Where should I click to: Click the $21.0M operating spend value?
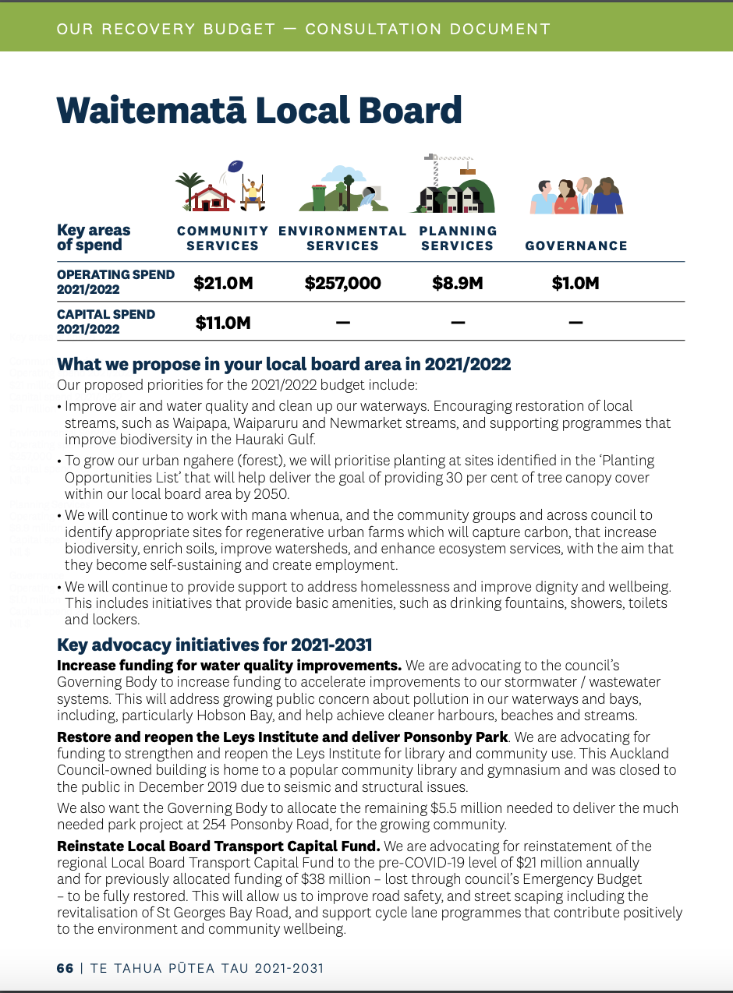[224, 283]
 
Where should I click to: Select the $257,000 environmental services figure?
[342, 283]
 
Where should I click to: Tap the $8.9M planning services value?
[458, 283]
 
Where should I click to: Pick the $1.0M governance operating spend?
[575, 283]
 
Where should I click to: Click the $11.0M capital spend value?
[223, 322]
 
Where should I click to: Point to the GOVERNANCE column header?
[576, 246]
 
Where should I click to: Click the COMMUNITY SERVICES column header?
[222, 239]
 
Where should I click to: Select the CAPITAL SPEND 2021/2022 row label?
[106, 321]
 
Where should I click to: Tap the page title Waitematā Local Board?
[260, 111]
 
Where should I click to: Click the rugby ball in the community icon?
[235, 165]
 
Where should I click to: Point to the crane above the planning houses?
[449, 165]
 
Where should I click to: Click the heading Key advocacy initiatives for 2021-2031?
[214, 645]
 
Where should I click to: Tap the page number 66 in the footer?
[65, 968]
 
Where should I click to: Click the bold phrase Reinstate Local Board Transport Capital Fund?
[218, 846]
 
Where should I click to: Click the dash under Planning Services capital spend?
[458, 323]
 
